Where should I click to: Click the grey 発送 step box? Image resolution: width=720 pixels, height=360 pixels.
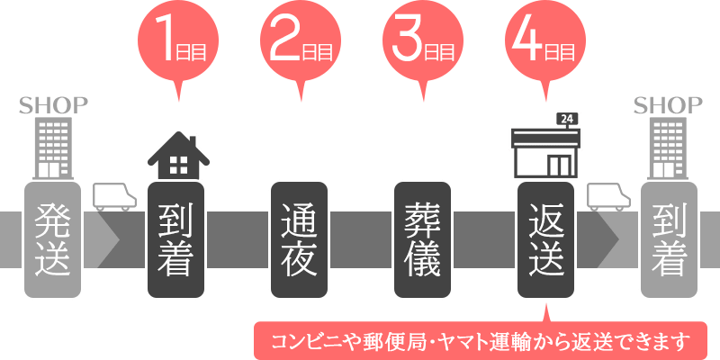[54, 240]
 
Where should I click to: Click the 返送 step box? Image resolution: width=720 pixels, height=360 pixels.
[544, 240]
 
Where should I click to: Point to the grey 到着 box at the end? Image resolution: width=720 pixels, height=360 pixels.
[667, 240]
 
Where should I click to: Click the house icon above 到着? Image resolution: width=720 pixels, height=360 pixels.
[178, 156]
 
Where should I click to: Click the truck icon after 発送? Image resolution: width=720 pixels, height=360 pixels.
[114, 195]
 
